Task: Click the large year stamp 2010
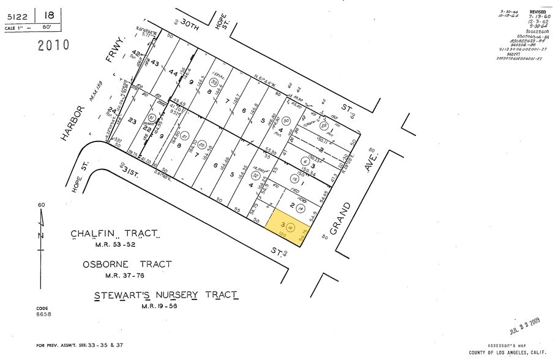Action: (x=53, y=45)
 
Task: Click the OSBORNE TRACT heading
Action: (x=127, y=264)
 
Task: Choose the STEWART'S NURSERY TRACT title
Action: (x=166, y=296)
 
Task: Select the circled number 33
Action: (x=214, y=82)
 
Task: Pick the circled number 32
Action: (x=256, y=176)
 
